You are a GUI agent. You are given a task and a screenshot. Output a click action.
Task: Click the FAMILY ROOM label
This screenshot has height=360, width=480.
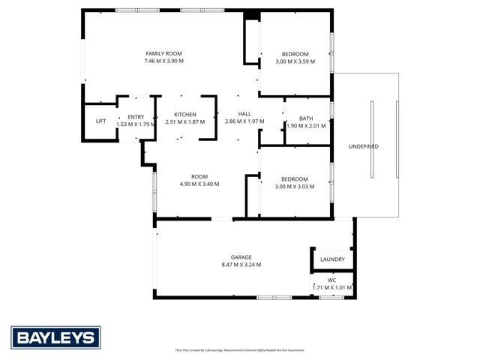163,53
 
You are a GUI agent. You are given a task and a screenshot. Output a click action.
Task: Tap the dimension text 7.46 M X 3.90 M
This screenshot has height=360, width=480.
163,61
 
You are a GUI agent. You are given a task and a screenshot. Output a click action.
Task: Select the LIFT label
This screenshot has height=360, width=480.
100,121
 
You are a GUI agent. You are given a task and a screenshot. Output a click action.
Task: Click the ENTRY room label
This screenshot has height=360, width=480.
136,116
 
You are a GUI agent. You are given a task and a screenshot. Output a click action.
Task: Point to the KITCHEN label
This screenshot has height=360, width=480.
184,114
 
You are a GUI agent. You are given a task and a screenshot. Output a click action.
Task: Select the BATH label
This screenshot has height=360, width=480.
306,118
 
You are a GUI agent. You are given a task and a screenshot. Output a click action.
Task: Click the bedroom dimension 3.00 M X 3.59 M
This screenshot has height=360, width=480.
295,61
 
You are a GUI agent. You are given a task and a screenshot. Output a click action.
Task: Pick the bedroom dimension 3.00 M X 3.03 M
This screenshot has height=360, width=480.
295,186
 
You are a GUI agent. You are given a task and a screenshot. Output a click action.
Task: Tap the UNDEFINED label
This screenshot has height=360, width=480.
364,146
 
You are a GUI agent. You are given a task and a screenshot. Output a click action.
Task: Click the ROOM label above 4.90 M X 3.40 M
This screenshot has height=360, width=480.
199,176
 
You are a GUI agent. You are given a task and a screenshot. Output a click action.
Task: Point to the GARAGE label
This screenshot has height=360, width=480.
241,257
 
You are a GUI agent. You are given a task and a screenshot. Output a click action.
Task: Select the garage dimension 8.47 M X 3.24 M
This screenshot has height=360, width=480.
241,265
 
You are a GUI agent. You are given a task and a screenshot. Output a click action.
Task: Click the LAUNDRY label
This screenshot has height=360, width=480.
332,259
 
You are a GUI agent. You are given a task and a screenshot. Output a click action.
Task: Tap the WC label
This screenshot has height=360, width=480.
331,280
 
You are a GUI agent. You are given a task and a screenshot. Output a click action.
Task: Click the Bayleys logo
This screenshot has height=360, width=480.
55,337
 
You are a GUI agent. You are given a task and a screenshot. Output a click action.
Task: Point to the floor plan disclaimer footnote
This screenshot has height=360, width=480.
240,349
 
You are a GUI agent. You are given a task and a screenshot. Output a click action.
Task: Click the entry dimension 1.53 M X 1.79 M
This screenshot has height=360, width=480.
136,124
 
